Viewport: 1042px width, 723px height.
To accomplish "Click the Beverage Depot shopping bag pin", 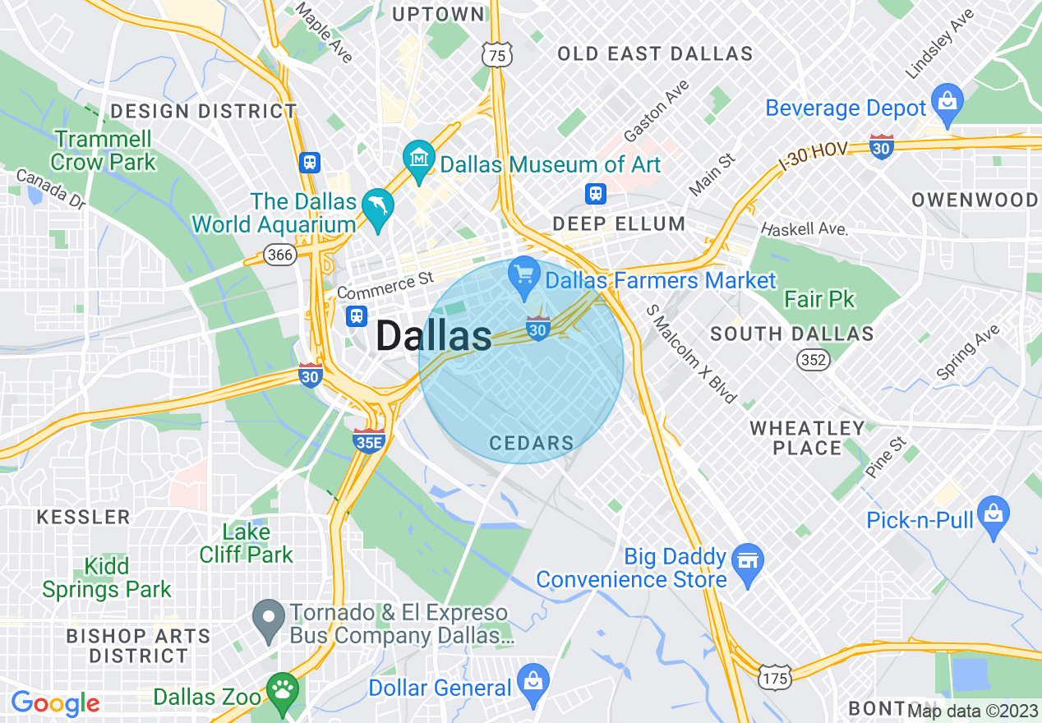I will tap(947, 102).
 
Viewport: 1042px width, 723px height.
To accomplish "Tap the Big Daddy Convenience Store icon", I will tap(748, 562).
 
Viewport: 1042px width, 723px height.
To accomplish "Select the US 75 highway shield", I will tap(496, 54).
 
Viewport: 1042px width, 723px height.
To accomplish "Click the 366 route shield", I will tap(280, 256).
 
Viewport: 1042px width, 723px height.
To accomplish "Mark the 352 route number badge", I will tap(814, 359).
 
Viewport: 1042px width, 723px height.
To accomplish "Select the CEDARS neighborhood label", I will tap(531, 444).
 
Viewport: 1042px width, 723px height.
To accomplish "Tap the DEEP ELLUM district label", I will tap(619, 223).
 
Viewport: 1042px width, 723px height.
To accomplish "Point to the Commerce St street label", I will tap(385, 285).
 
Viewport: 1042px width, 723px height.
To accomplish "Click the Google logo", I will tap(55, 703).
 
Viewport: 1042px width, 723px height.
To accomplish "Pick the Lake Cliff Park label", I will tap(246, 543).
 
